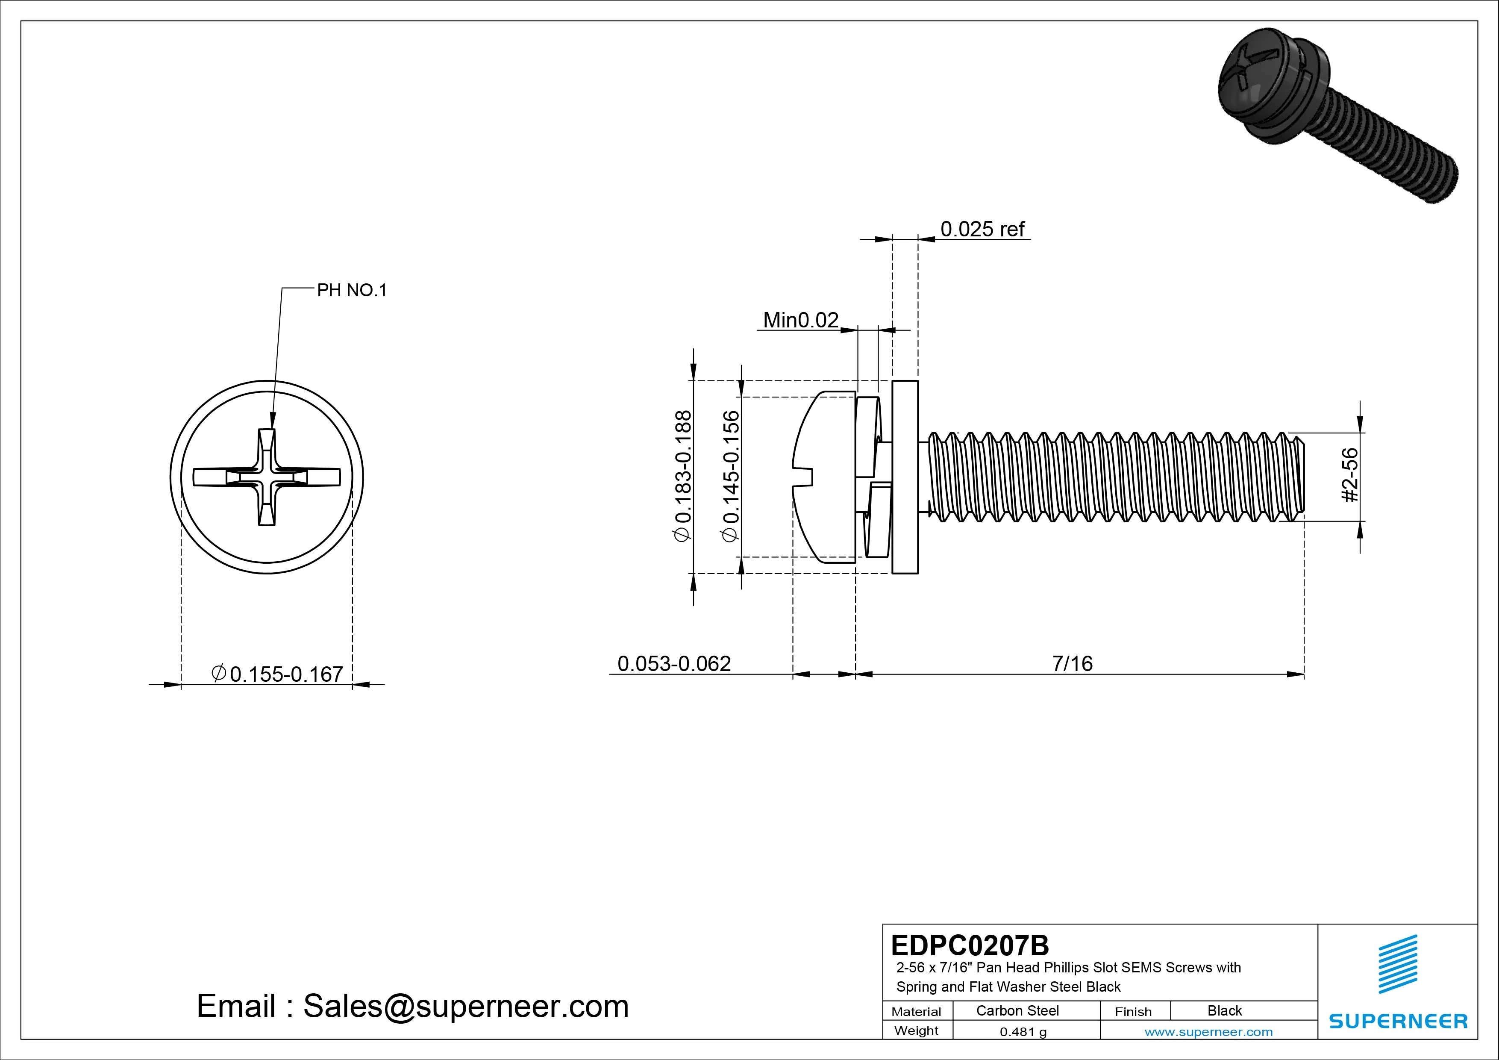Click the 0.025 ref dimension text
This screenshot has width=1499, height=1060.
(982, 229)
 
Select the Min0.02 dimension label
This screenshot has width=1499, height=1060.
(800, 320)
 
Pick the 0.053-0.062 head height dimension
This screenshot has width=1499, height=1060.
(674, 663)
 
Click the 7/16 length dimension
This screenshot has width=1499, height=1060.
(1072, 663)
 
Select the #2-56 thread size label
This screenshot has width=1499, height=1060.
(1350, 475)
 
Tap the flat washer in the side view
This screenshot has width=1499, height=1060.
(905, 477)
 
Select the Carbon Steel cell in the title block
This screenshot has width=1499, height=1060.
(1017, 1010)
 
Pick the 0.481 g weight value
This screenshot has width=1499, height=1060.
(1023, 1032)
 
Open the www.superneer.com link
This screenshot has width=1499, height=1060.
(1208, 1032)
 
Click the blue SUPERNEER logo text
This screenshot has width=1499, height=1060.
(1398, 1021)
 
